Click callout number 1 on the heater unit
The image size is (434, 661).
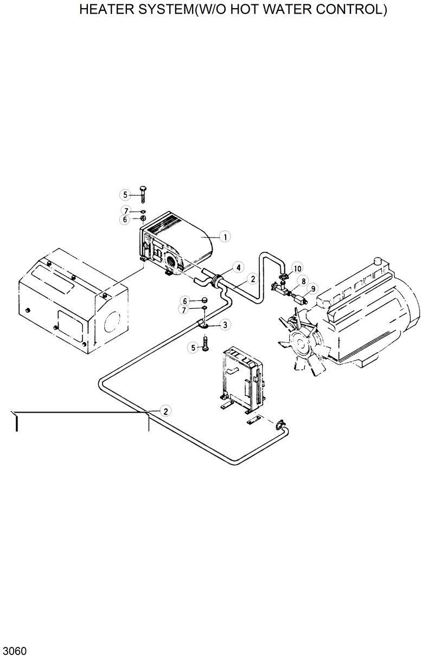pos(224,236)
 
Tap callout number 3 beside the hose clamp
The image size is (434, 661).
pos(225,325)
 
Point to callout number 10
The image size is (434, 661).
pos(297,268)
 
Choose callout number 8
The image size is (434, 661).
pos(303,281)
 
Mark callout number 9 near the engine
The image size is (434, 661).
pos(314,288)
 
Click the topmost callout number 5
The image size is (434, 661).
pos(125,194)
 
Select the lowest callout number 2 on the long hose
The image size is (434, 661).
pos(165,410)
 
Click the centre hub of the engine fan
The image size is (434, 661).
pos(297,342)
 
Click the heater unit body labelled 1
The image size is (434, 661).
pos(179,244)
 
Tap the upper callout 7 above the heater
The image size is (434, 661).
pos(125,210)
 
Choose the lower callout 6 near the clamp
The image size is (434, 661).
pos(184,301)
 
